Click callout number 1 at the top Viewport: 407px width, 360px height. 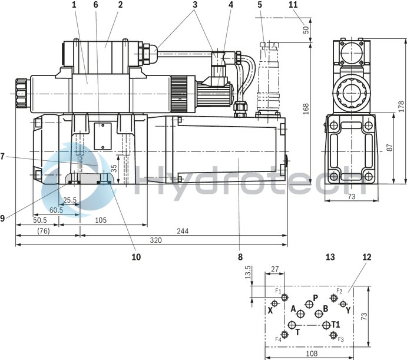74,5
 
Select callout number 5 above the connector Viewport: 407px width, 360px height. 259,5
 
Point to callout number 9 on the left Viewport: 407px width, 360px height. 2,217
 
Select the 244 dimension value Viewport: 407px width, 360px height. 183,230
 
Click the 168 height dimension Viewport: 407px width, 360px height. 306,108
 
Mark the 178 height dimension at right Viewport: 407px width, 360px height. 401,105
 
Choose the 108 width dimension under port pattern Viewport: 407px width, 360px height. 312,354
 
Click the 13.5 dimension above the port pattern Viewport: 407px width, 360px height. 248,272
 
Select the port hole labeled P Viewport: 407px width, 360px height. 309,304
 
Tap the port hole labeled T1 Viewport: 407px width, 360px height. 325,325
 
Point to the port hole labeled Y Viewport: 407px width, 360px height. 343,304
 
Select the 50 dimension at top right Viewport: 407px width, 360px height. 306,28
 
